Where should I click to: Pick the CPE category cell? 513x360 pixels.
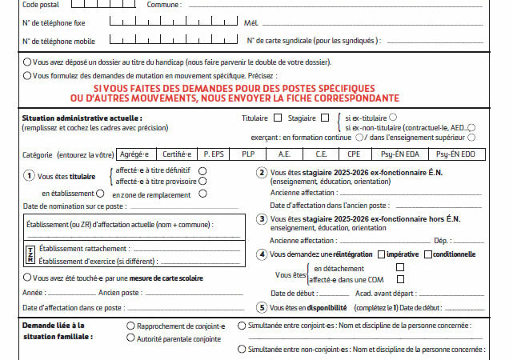coord(354,154)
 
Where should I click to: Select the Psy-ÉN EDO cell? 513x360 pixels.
coord(457,154)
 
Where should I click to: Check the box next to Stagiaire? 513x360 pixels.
coord(324,118)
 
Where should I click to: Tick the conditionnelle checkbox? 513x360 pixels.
coord(427,254)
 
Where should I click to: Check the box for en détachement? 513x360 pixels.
coord(401,268)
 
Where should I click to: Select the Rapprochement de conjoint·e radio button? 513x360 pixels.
coord(130,326)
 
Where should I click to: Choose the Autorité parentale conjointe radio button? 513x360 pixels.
coord(130,338)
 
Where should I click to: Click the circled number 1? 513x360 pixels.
coord(29,175)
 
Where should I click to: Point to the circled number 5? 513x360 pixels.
coord(261,307)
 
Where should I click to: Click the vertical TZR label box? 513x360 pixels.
coord(30,254)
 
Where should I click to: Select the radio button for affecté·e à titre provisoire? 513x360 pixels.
coord(202,182)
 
